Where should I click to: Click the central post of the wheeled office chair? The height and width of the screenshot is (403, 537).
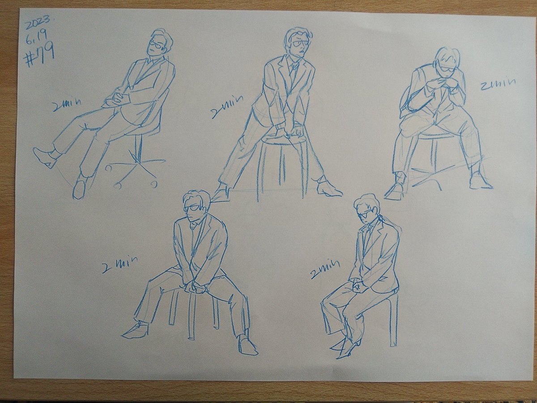(x=139, y=147)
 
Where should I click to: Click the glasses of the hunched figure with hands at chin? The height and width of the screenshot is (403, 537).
(x=445, y=70)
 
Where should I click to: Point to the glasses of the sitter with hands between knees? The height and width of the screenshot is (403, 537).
(x=192, y=208)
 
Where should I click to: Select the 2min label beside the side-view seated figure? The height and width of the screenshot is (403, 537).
(x=324, y=267)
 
